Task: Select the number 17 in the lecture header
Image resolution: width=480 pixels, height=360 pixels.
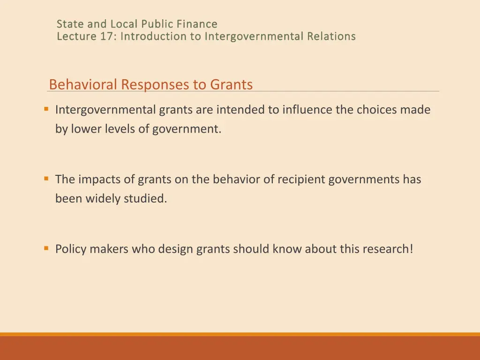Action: tap(105, 36)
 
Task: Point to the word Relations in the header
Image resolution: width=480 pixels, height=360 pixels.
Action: tap(331, 36)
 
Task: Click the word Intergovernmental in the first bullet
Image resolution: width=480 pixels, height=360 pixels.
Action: tap(105, 110)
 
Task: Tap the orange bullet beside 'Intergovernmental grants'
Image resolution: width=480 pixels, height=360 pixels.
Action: tap(46, 109)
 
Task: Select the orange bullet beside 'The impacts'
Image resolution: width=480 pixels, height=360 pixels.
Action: tap(46, 179)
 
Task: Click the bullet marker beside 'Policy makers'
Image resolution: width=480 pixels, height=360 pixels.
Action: tap(46, 248)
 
